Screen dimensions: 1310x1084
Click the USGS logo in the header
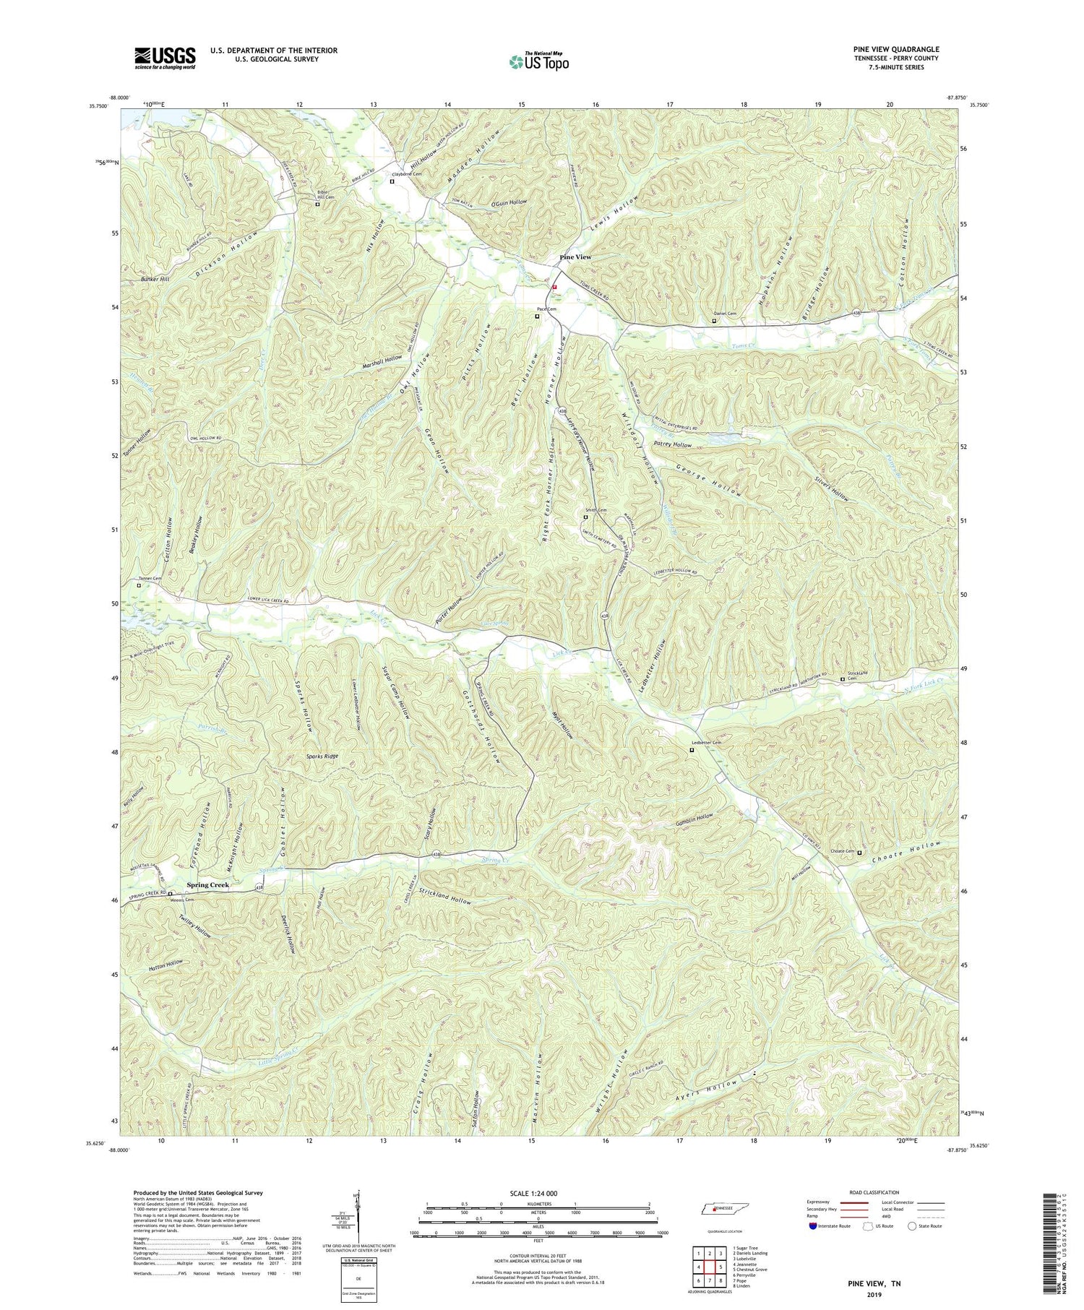(x=165, y=57)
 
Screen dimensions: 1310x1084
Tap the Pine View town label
(x=576, y=257)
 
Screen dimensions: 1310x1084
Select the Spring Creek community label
(x=207, y=884)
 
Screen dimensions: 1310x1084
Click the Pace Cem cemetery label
(x=547, y=309)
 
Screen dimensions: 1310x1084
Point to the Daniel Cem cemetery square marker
(x=714, y=321)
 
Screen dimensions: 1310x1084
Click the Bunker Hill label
(x=155, y=279)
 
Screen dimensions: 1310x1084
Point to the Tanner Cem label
(x=150, y=579)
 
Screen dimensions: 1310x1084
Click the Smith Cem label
(x=595, y=511)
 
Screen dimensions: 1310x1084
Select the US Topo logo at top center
(x=539, y=61)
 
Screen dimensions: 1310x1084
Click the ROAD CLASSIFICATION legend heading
(x=874, y=1192)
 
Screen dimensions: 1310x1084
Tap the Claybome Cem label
(x=406, y=174)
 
